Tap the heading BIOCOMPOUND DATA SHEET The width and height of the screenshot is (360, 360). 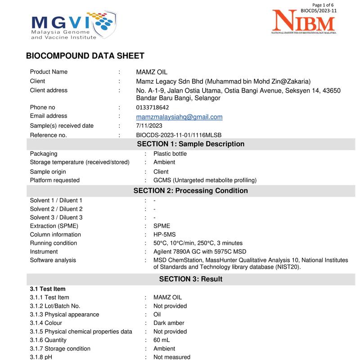(85, 56)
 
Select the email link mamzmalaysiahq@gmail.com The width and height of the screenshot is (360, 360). (179, 117)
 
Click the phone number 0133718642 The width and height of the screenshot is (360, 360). (153, 108)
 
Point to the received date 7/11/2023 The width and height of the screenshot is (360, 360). (149, 126)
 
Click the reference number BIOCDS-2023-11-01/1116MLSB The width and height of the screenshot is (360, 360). (179, 135)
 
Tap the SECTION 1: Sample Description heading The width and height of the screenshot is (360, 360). (190, 144)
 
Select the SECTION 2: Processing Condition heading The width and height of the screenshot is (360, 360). (190, 191)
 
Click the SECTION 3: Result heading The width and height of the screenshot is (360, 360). (190, 279)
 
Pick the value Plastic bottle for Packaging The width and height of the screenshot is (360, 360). (170, 154)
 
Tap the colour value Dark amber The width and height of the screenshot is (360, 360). (169, 323)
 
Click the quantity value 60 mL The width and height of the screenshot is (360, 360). (162, 340)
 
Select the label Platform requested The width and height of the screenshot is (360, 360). (54, 180)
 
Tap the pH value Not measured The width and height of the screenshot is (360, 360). (172, 357)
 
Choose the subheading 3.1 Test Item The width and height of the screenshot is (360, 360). (48, 288)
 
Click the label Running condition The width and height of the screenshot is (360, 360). (53, 243)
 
